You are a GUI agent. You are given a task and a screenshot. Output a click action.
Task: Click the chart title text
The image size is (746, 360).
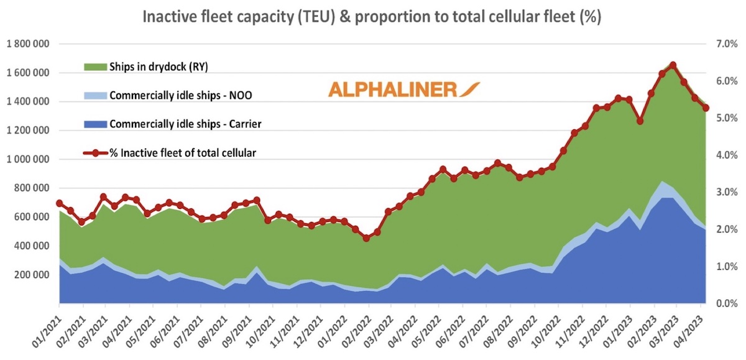pos(372,16)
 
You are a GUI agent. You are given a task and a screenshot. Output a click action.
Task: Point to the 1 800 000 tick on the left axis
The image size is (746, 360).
pos(29,44)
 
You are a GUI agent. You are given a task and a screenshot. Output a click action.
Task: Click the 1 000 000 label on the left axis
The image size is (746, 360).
pos(29,160)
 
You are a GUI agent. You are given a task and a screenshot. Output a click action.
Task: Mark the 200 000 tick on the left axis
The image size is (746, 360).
pos(33,275)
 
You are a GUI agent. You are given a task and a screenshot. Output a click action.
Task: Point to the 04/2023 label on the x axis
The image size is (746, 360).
pos(687,327)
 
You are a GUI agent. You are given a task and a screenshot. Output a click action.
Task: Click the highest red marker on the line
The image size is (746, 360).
pos(673,65)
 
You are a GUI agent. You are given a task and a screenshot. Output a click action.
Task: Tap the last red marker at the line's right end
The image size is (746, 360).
pos(706,108)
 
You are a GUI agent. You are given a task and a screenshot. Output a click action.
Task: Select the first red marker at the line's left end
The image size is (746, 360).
pos(59,203)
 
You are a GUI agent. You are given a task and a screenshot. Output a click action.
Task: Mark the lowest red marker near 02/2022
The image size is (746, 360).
pos(366,238)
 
